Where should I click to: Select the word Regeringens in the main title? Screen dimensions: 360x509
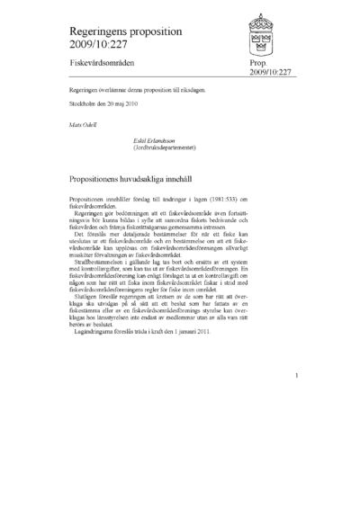pos(94,32)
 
